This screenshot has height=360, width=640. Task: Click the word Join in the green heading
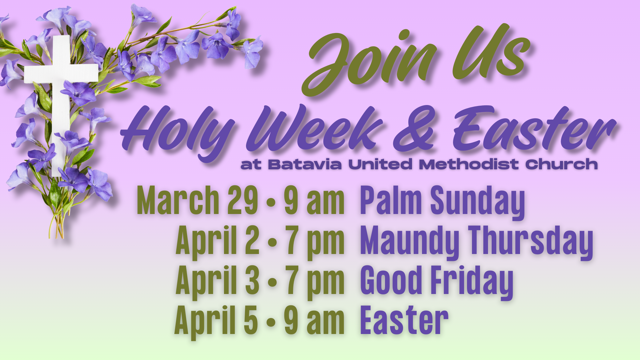click(x=368, y=62)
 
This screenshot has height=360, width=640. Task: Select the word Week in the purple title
click(x=315, y=128)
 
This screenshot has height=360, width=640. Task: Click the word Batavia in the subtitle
click(x=305, y=164)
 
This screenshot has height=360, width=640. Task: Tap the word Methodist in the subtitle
click(x=469, y=164)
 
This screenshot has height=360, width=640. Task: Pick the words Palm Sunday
click(x=443, y=202)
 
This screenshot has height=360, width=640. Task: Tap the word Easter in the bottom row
click(x=404, y=320)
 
